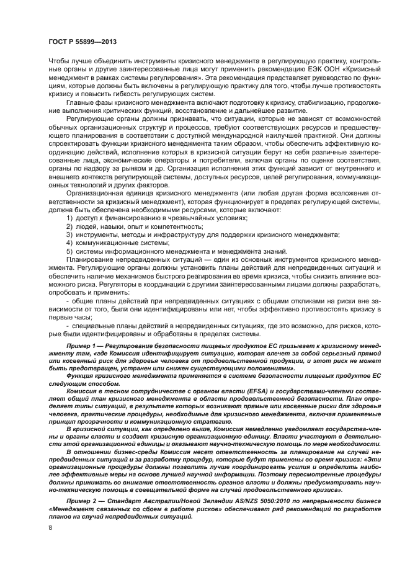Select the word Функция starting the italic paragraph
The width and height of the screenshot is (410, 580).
click(81, 376)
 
